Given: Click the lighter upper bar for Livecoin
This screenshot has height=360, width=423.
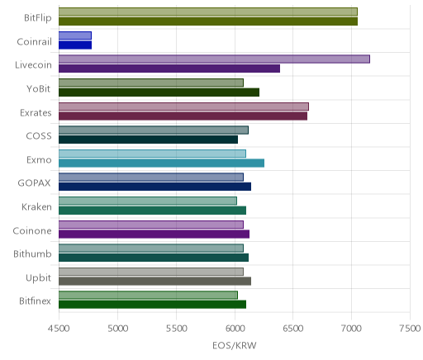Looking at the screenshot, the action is [x=214, y=59].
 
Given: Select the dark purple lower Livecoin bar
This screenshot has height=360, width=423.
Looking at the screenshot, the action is [x=169, y=69].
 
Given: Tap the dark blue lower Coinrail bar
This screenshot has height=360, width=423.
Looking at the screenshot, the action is [x=75, y=45].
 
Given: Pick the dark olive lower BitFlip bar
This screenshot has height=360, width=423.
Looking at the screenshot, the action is [x=208, y=21].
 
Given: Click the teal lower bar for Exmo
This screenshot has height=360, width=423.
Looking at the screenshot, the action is [x=161, y=163].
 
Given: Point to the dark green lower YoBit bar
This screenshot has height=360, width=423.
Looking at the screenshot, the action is [x=159, y=92].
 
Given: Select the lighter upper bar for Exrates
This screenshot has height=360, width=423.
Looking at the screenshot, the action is [x=183, y=107].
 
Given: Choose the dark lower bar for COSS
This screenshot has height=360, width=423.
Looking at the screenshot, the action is [x=148, y=140].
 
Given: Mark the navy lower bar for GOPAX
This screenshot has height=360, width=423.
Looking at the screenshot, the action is [x=154, y=187].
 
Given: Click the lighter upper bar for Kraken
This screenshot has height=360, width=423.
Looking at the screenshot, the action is [x=148, y=201].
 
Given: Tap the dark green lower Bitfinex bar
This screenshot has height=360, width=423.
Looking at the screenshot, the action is [x=152, y=305].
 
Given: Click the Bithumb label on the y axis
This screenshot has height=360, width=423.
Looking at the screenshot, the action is [x=32, y=253].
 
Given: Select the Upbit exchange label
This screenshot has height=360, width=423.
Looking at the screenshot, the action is [x=38, y=278].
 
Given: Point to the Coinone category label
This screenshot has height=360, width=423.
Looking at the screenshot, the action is [x=32, y=230].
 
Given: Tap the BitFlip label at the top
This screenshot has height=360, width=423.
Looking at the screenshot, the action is [x=38, y=18].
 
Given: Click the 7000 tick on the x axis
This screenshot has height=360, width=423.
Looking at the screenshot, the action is [x=351, y=329].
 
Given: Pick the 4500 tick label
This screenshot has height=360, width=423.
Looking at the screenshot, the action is [x=59, y=329].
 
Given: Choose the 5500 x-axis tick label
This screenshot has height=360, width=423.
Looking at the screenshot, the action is [x=176, y=329].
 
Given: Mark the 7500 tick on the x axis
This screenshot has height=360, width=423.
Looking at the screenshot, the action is [x=411, y=329].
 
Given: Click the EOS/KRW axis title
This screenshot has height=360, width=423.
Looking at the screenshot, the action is [x=235, y=345].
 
